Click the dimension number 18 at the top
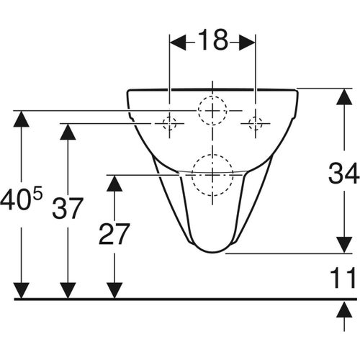212,42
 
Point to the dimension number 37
68,210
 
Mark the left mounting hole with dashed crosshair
169,124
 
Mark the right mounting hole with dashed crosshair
255,124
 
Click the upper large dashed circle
212,110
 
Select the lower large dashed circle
212,174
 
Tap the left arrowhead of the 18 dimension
176,42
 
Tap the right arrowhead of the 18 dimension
248,42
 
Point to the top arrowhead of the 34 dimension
341,96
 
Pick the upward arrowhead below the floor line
341,307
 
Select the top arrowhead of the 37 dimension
68,132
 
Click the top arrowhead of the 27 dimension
112,182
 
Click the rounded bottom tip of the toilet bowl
212,251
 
